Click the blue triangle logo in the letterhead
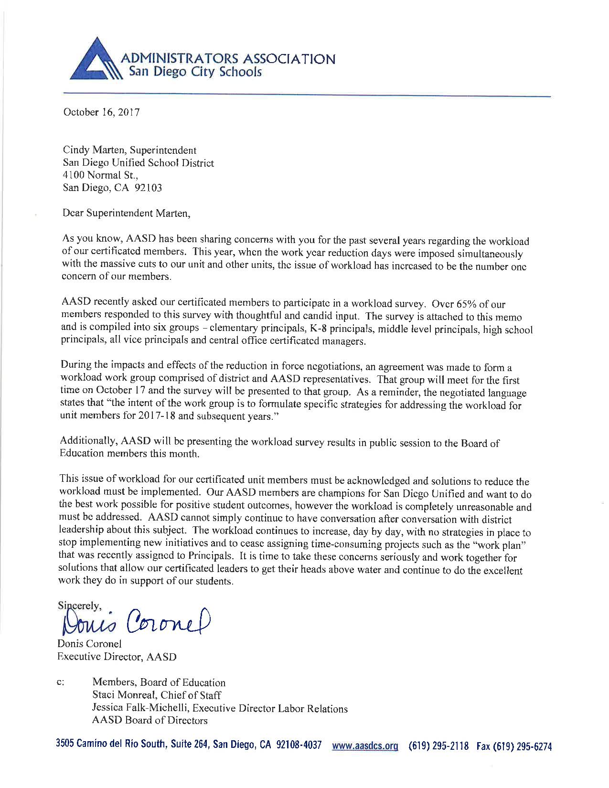[x=94, y=60]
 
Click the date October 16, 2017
[x=101, y=113]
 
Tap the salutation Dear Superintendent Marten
[x=127, y=213]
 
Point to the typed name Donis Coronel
[x=90, y=644]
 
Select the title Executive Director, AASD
[x=117, y=657]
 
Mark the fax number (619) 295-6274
[x=522, y=746]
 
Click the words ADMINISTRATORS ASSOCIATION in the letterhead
[x=228, y=59]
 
